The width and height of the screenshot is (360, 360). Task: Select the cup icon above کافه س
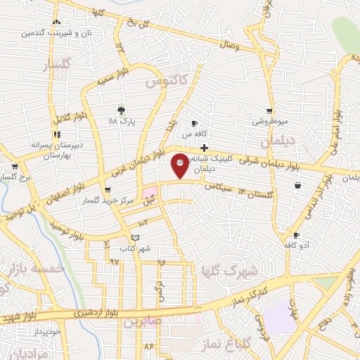tap(194, 123)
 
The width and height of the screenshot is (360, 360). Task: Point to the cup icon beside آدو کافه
tap(296, 235)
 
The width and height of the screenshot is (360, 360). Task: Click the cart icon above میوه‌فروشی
tap(269, 110)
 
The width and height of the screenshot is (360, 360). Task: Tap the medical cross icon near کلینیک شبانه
tap(204, 148)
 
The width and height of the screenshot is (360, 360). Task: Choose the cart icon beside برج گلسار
tap(15, 167)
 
